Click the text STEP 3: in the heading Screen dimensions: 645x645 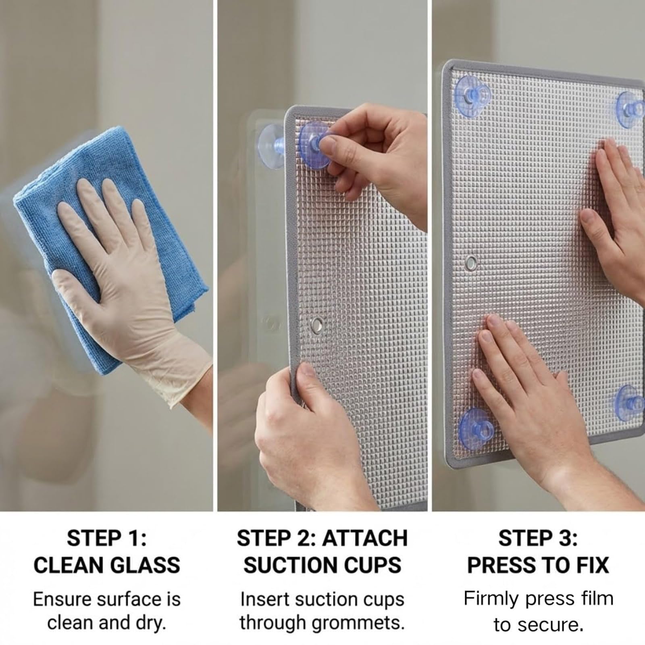tap(538, 538)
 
